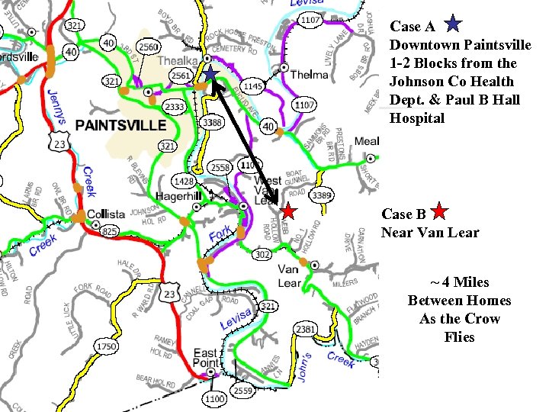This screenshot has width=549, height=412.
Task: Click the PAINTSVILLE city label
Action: [120, 124]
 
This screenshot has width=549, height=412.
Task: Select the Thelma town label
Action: [308, 75]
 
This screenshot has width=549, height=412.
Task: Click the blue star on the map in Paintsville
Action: [210, 74]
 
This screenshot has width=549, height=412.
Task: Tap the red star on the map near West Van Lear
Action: [288, 211]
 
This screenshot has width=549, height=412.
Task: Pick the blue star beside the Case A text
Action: [452, 24]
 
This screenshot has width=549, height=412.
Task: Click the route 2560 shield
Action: [148, 47]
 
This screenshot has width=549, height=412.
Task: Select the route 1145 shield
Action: [252, 87]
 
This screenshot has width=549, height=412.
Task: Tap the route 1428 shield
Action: [184, 181]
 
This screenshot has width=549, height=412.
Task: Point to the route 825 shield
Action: [110, 231]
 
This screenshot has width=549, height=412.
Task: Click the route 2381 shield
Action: [306, 328]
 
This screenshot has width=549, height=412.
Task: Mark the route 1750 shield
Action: [107, 347]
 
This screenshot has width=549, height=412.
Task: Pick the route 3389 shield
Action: [322, 195]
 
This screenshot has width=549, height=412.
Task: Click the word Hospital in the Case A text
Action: [417, 118]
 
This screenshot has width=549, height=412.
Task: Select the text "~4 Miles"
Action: [459, 282]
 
